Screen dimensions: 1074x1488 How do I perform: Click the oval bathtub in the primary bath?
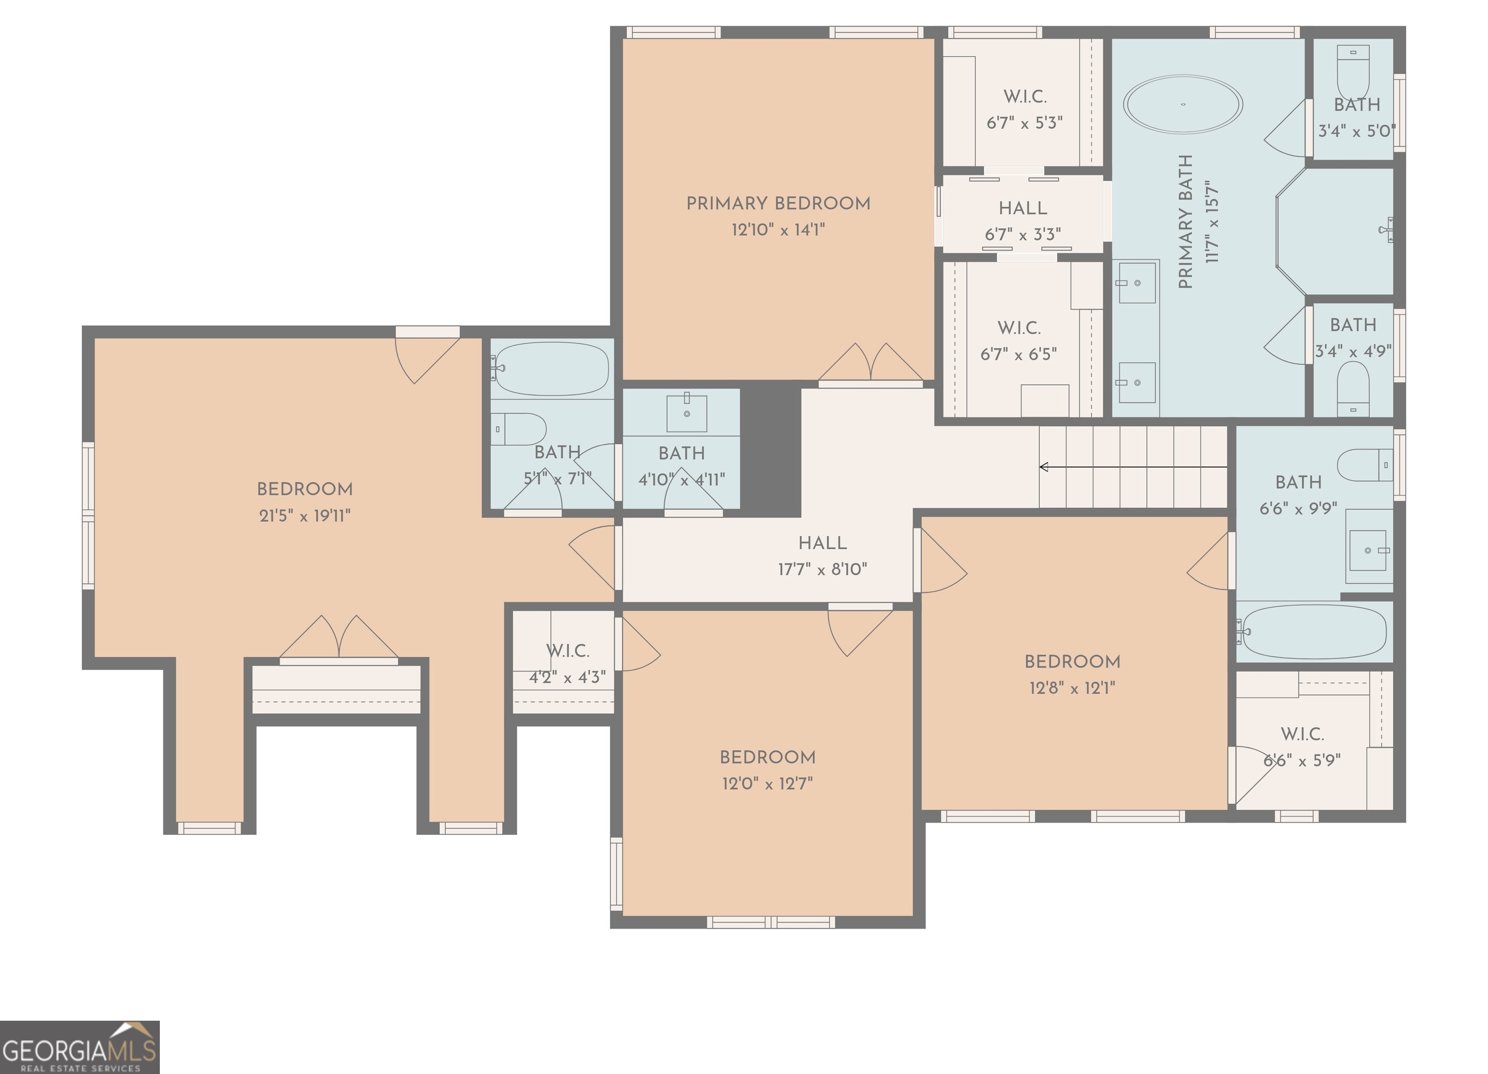click(1182, 104)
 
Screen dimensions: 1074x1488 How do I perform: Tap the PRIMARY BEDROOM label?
click(778, 203)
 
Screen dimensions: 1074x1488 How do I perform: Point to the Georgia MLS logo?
click(79, 1047)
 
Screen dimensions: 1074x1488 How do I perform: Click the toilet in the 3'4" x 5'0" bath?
click(1353, 72)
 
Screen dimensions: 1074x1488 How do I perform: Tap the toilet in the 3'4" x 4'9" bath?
click(1353, 387)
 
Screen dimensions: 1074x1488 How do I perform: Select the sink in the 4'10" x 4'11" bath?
click(686, 413)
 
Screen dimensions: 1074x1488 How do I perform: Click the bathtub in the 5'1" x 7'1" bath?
click(552, 369)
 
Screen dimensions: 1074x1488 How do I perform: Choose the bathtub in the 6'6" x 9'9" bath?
click(1314, 632)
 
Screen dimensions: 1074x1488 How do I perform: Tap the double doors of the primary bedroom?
click(870, 365)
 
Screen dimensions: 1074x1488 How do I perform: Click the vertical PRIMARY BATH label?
click(1185, 222)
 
